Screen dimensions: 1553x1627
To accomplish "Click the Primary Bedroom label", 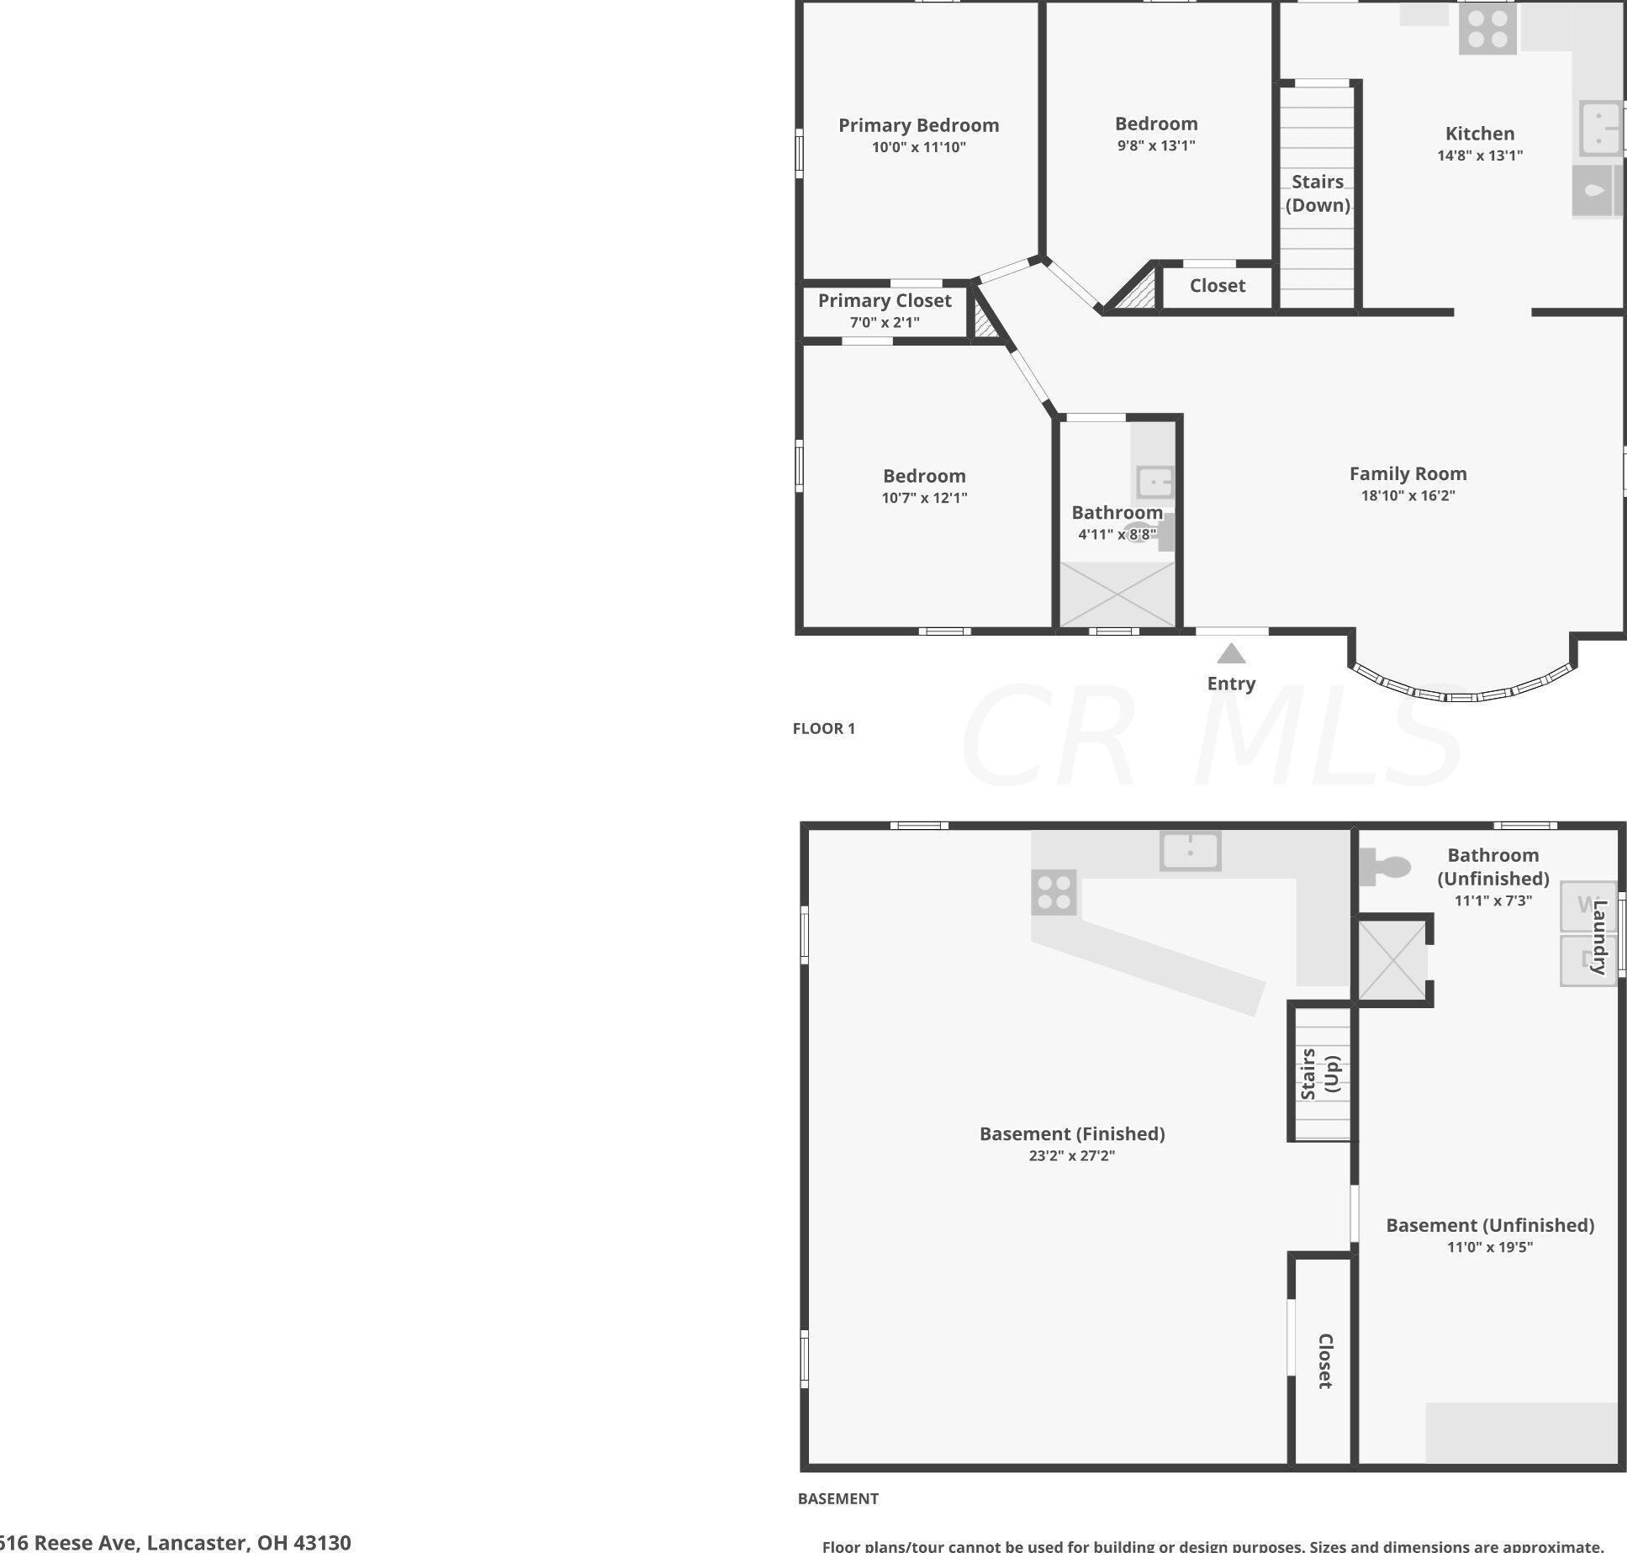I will (x=918, y=125).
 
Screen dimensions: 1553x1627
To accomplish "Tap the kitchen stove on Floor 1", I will (x=1487, y=29).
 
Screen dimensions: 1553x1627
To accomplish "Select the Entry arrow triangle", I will (x=1231, y=653).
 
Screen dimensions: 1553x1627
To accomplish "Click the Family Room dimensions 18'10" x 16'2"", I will (x=1408, y=496).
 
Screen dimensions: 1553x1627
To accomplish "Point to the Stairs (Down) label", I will (x=1317, y=193).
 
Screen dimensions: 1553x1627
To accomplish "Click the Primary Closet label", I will (x=884, y=301).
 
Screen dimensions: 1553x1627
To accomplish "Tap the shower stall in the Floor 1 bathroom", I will (x=1117, y=594).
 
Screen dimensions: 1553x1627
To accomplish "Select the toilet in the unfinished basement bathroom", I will (x=1387, y=868).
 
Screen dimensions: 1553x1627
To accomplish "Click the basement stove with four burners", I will (x=1054, y=892).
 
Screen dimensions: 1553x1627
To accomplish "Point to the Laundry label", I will (x=1599, y=937).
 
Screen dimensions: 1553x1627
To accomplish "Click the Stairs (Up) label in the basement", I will (x=1320, y=1074).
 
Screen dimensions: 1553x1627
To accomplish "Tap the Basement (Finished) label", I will (x=1071, y=1133).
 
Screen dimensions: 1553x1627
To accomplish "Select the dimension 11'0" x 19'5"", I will (x=1489, y=1247).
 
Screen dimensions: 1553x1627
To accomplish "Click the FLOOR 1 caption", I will (x=823, y=728).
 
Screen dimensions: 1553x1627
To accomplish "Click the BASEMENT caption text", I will (x=837, y=1498).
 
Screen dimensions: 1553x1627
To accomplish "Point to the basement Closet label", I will (x=1324, y=1360).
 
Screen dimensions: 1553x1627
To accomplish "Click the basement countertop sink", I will (x=1190, y=851).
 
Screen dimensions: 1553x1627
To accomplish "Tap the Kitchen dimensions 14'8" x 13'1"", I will (x=1479, y=156).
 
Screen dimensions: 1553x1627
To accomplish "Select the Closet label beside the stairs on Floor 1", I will (x=1217, y=286).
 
